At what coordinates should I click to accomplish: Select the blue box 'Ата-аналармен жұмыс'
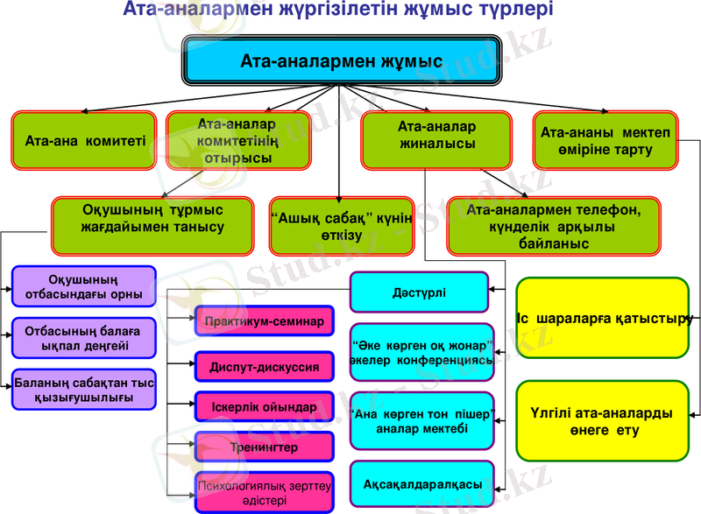(x=341, y=62)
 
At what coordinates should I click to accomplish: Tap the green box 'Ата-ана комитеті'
(x=85, y=140)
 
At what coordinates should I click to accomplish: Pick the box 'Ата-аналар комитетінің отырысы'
(x=238, y=140)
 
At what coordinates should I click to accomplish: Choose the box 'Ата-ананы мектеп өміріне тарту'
(x=605, y=140)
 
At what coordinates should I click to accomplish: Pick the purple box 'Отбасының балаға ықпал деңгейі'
(x=84, y=339)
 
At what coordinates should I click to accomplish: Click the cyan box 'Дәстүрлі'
(x=419, y=292)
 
